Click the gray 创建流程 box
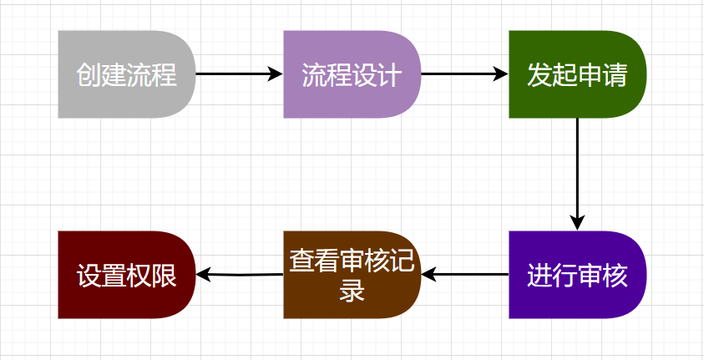pos(125,74)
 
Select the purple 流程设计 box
pos(351,74)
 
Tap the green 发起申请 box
pos(576,74)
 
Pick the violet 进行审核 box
pos(576,275)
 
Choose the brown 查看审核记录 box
pos(351,275)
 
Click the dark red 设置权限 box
pos(125,275)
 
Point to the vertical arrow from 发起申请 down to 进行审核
pos(577,171)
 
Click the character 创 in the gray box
pos(89,75)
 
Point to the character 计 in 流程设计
pos(390,75)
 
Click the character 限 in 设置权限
pos(165,276)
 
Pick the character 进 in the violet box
pos(539,276)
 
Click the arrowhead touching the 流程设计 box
pos(276,74)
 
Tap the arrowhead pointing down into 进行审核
pos(577,222)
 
